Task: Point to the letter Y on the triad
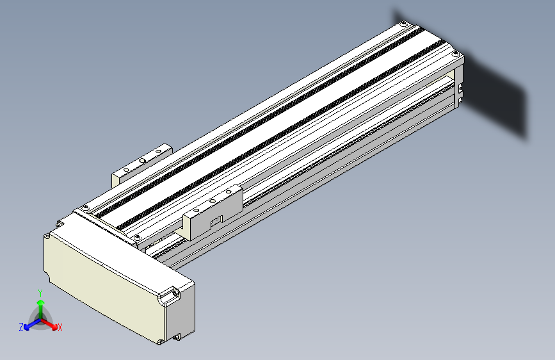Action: click(40, 292)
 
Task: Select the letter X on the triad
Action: click(60, 328)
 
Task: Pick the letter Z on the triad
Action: click(20, 327)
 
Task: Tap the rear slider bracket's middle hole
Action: click(142, 160)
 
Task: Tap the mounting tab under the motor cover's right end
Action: click(177, 335)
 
